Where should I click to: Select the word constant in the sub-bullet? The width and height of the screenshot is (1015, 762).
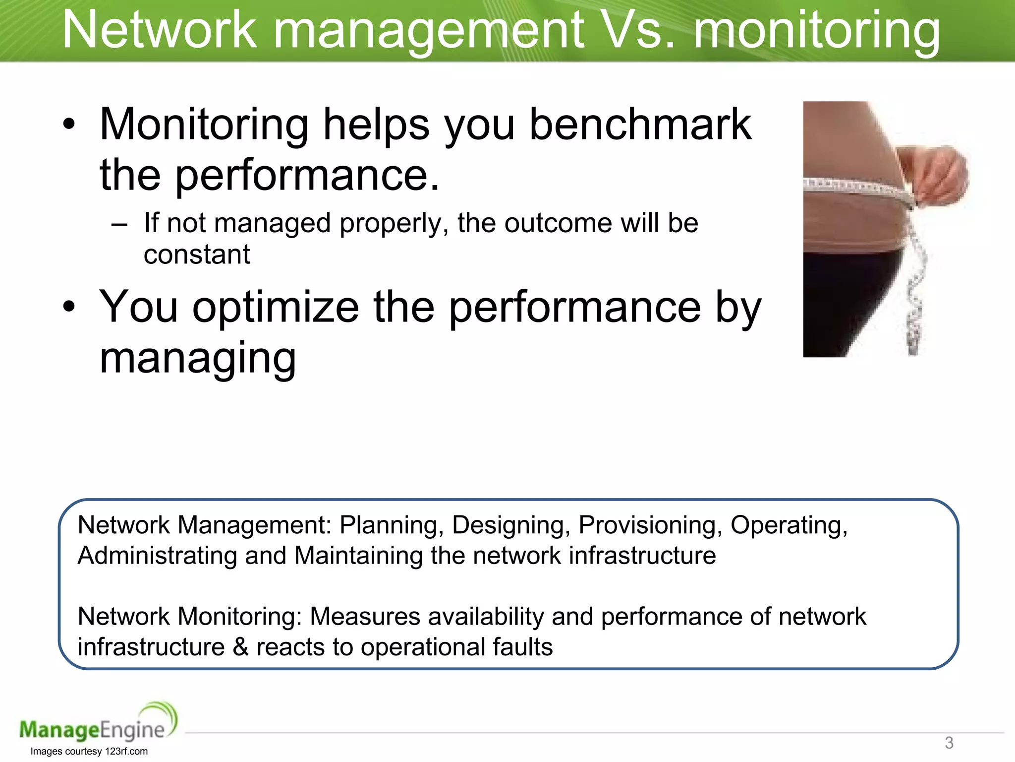click(197, 254)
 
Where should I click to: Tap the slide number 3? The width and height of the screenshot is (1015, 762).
click(949, 743)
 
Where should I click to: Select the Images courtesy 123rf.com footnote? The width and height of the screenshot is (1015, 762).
click(89, 751)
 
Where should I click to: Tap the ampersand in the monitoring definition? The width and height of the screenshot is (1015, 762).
click(240, 647)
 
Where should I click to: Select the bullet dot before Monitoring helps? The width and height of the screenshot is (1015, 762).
click(69, 125)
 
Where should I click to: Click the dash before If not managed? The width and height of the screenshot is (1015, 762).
click(119, 224)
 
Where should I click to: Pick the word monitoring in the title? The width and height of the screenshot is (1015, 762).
click(816, 31)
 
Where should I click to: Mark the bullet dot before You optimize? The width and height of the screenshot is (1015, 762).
click(69, 307)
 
